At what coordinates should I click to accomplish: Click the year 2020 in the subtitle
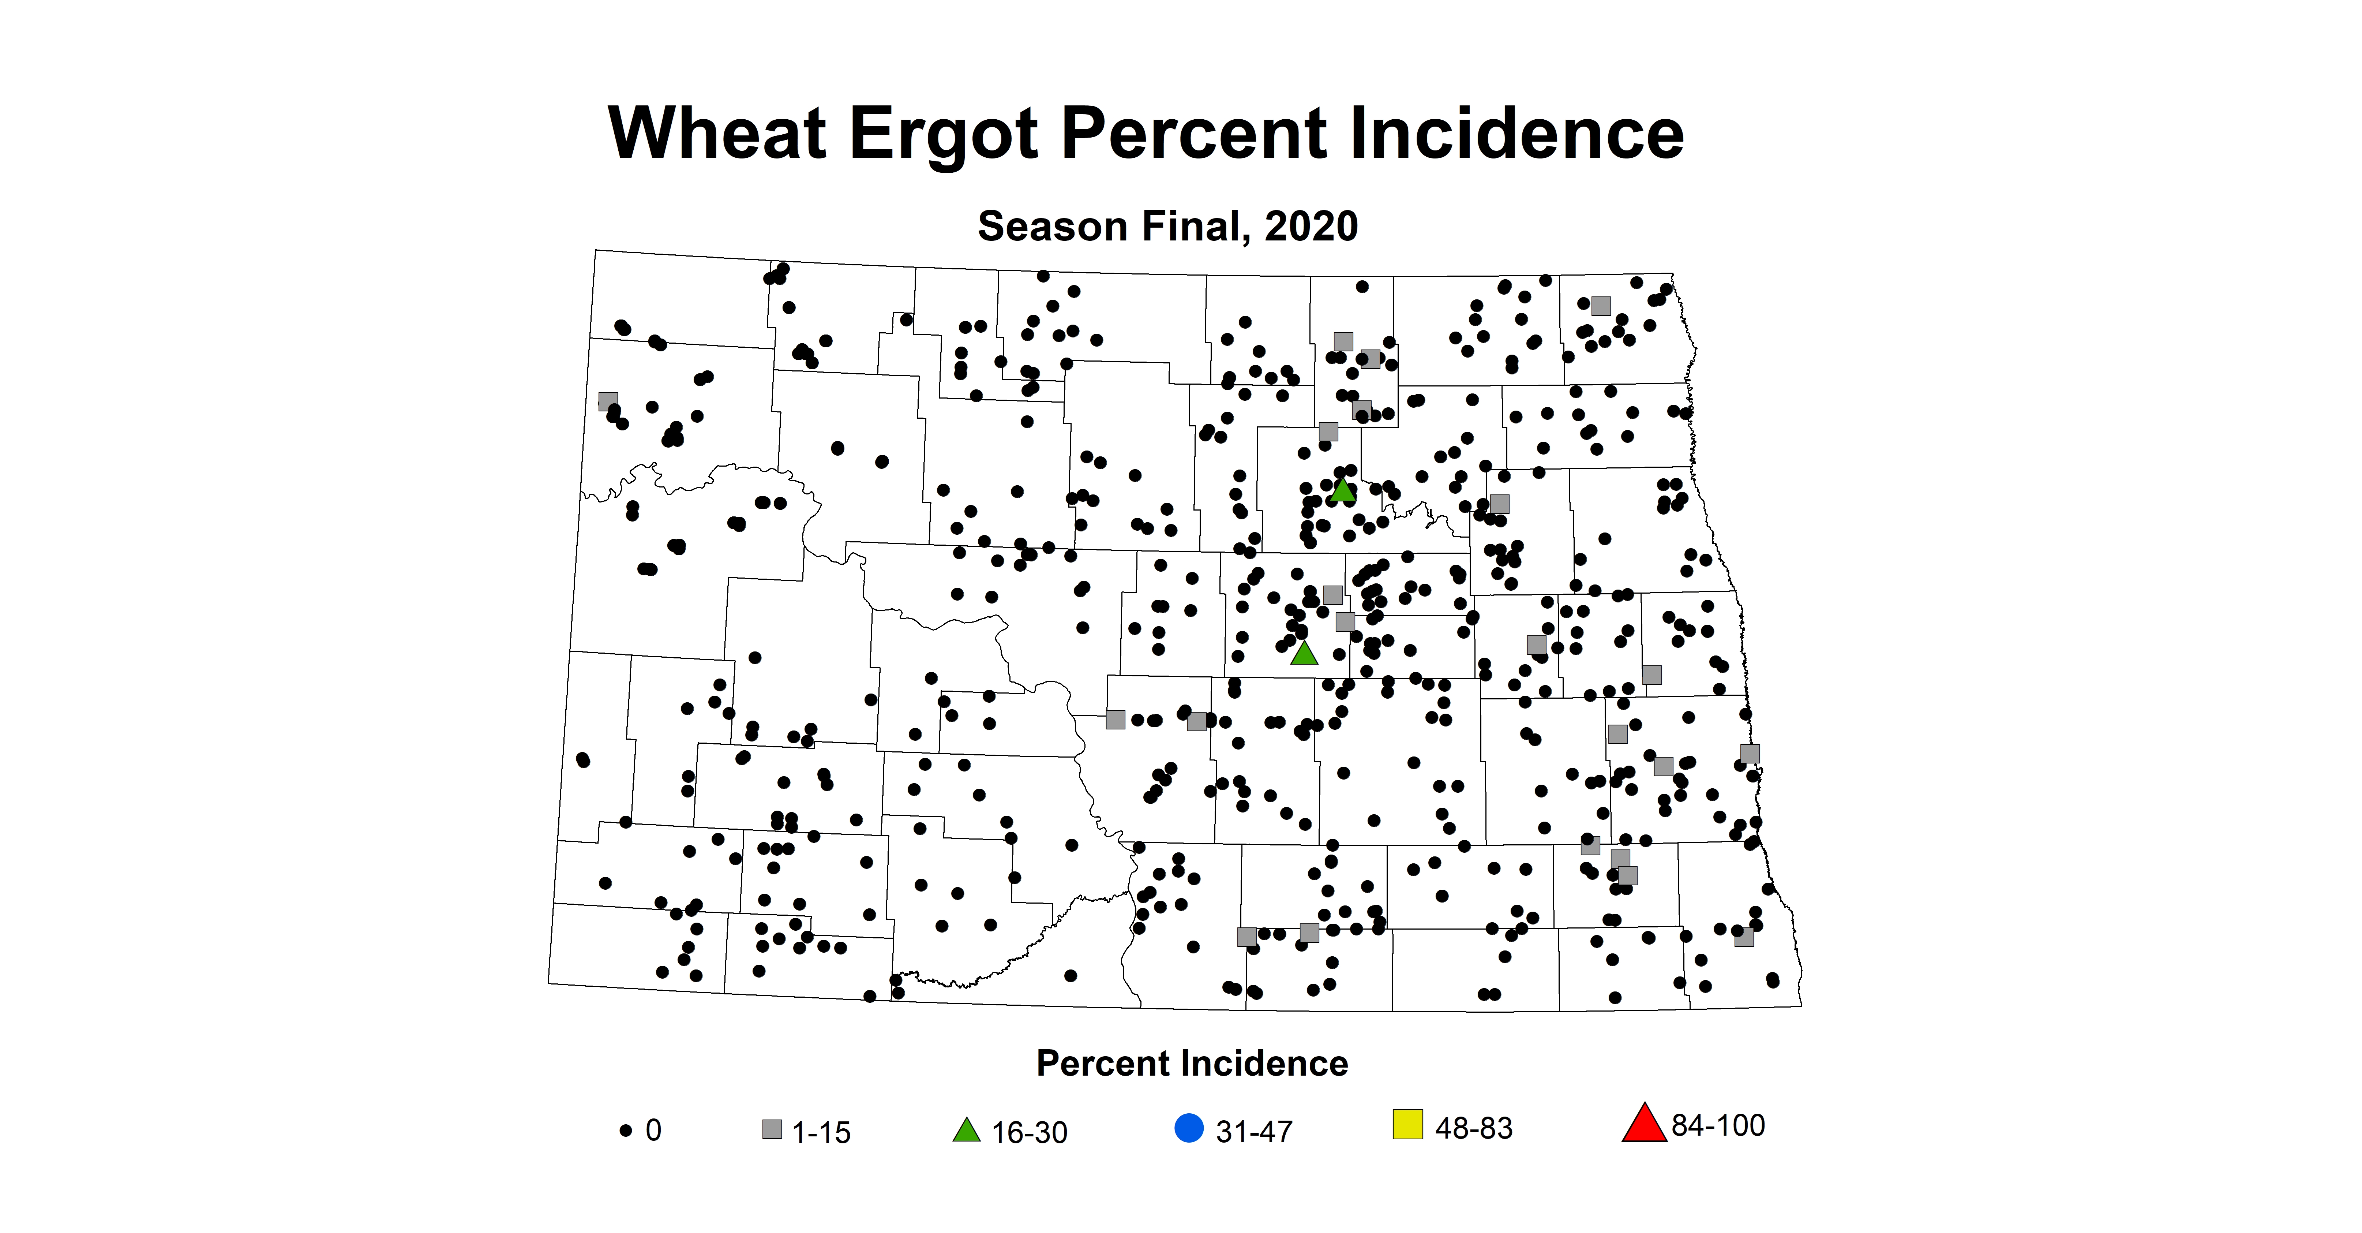click(x=1311, y=227)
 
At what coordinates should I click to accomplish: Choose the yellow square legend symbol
click(x=1407, y=1124)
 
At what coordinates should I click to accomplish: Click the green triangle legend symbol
click(x=967, y=1130)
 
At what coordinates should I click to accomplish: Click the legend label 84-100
click(x=1717, y=1126)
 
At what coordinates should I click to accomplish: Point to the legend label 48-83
click(x=1473, y=1128)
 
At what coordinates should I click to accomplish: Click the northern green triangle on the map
click(x=1342, y=491)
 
